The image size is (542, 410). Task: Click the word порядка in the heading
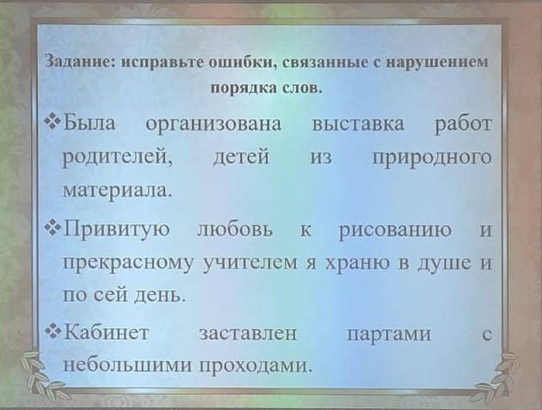[x=242, y=88]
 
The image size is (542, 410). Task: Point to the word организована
[x=213, y=124]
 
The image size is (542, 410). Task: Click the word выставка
[x=358, y=124]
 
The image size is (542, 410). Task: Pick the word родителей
[x=118, y=158]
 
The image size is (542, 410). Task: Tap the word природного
[x=432, y=158]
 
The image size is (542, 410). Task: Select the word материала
[x=117, y=190]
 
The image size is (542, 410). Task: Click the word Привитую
[x=117, y=229]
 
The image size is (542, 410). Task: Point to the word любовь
[x=235, y=229]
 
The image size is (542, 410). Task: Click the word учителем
[x=250, y=262]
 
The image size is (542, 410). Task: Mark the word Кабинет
[x=107, y=333]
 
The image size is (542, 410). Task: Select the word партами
[x=389, y=334]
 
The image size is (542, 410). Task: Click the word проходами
[x=256, y=364]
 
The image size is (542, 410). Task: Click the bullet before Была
[x=52, y=122]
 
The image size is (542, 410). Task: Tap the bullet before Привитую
[x=52, y=228]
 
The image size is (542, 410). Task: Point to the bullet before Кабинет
[x=52, y=333]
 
